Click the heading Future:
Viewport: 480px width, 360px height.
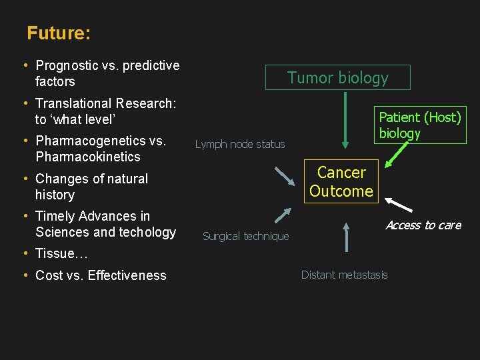tap(59, 33)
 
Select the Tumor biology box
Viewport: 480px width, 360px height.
tap(337, 77)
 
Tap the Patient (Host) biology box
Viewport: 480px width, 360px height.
tap(419, 125)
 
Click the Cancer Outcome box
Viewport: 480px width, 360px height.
tap(341, 181)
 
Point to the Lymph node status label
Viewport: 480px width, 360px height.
tap(240, 144)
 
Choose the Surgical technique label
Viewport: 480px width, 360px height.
tap(246, 236)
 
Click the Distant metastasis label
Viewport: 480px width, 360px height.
tap(344, 275)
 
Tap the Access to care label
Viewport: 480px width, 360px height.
tap(423, 225)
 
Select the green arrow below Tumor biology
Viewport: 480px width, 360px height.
tap(345, 121)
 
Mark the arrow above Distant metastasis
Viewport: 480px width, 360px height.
tap(346, 236)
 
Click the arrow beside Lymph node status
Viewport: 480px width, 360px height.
tap(284, 175)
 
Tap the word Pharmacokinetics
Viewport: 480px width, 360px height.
tap(88, 157)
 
